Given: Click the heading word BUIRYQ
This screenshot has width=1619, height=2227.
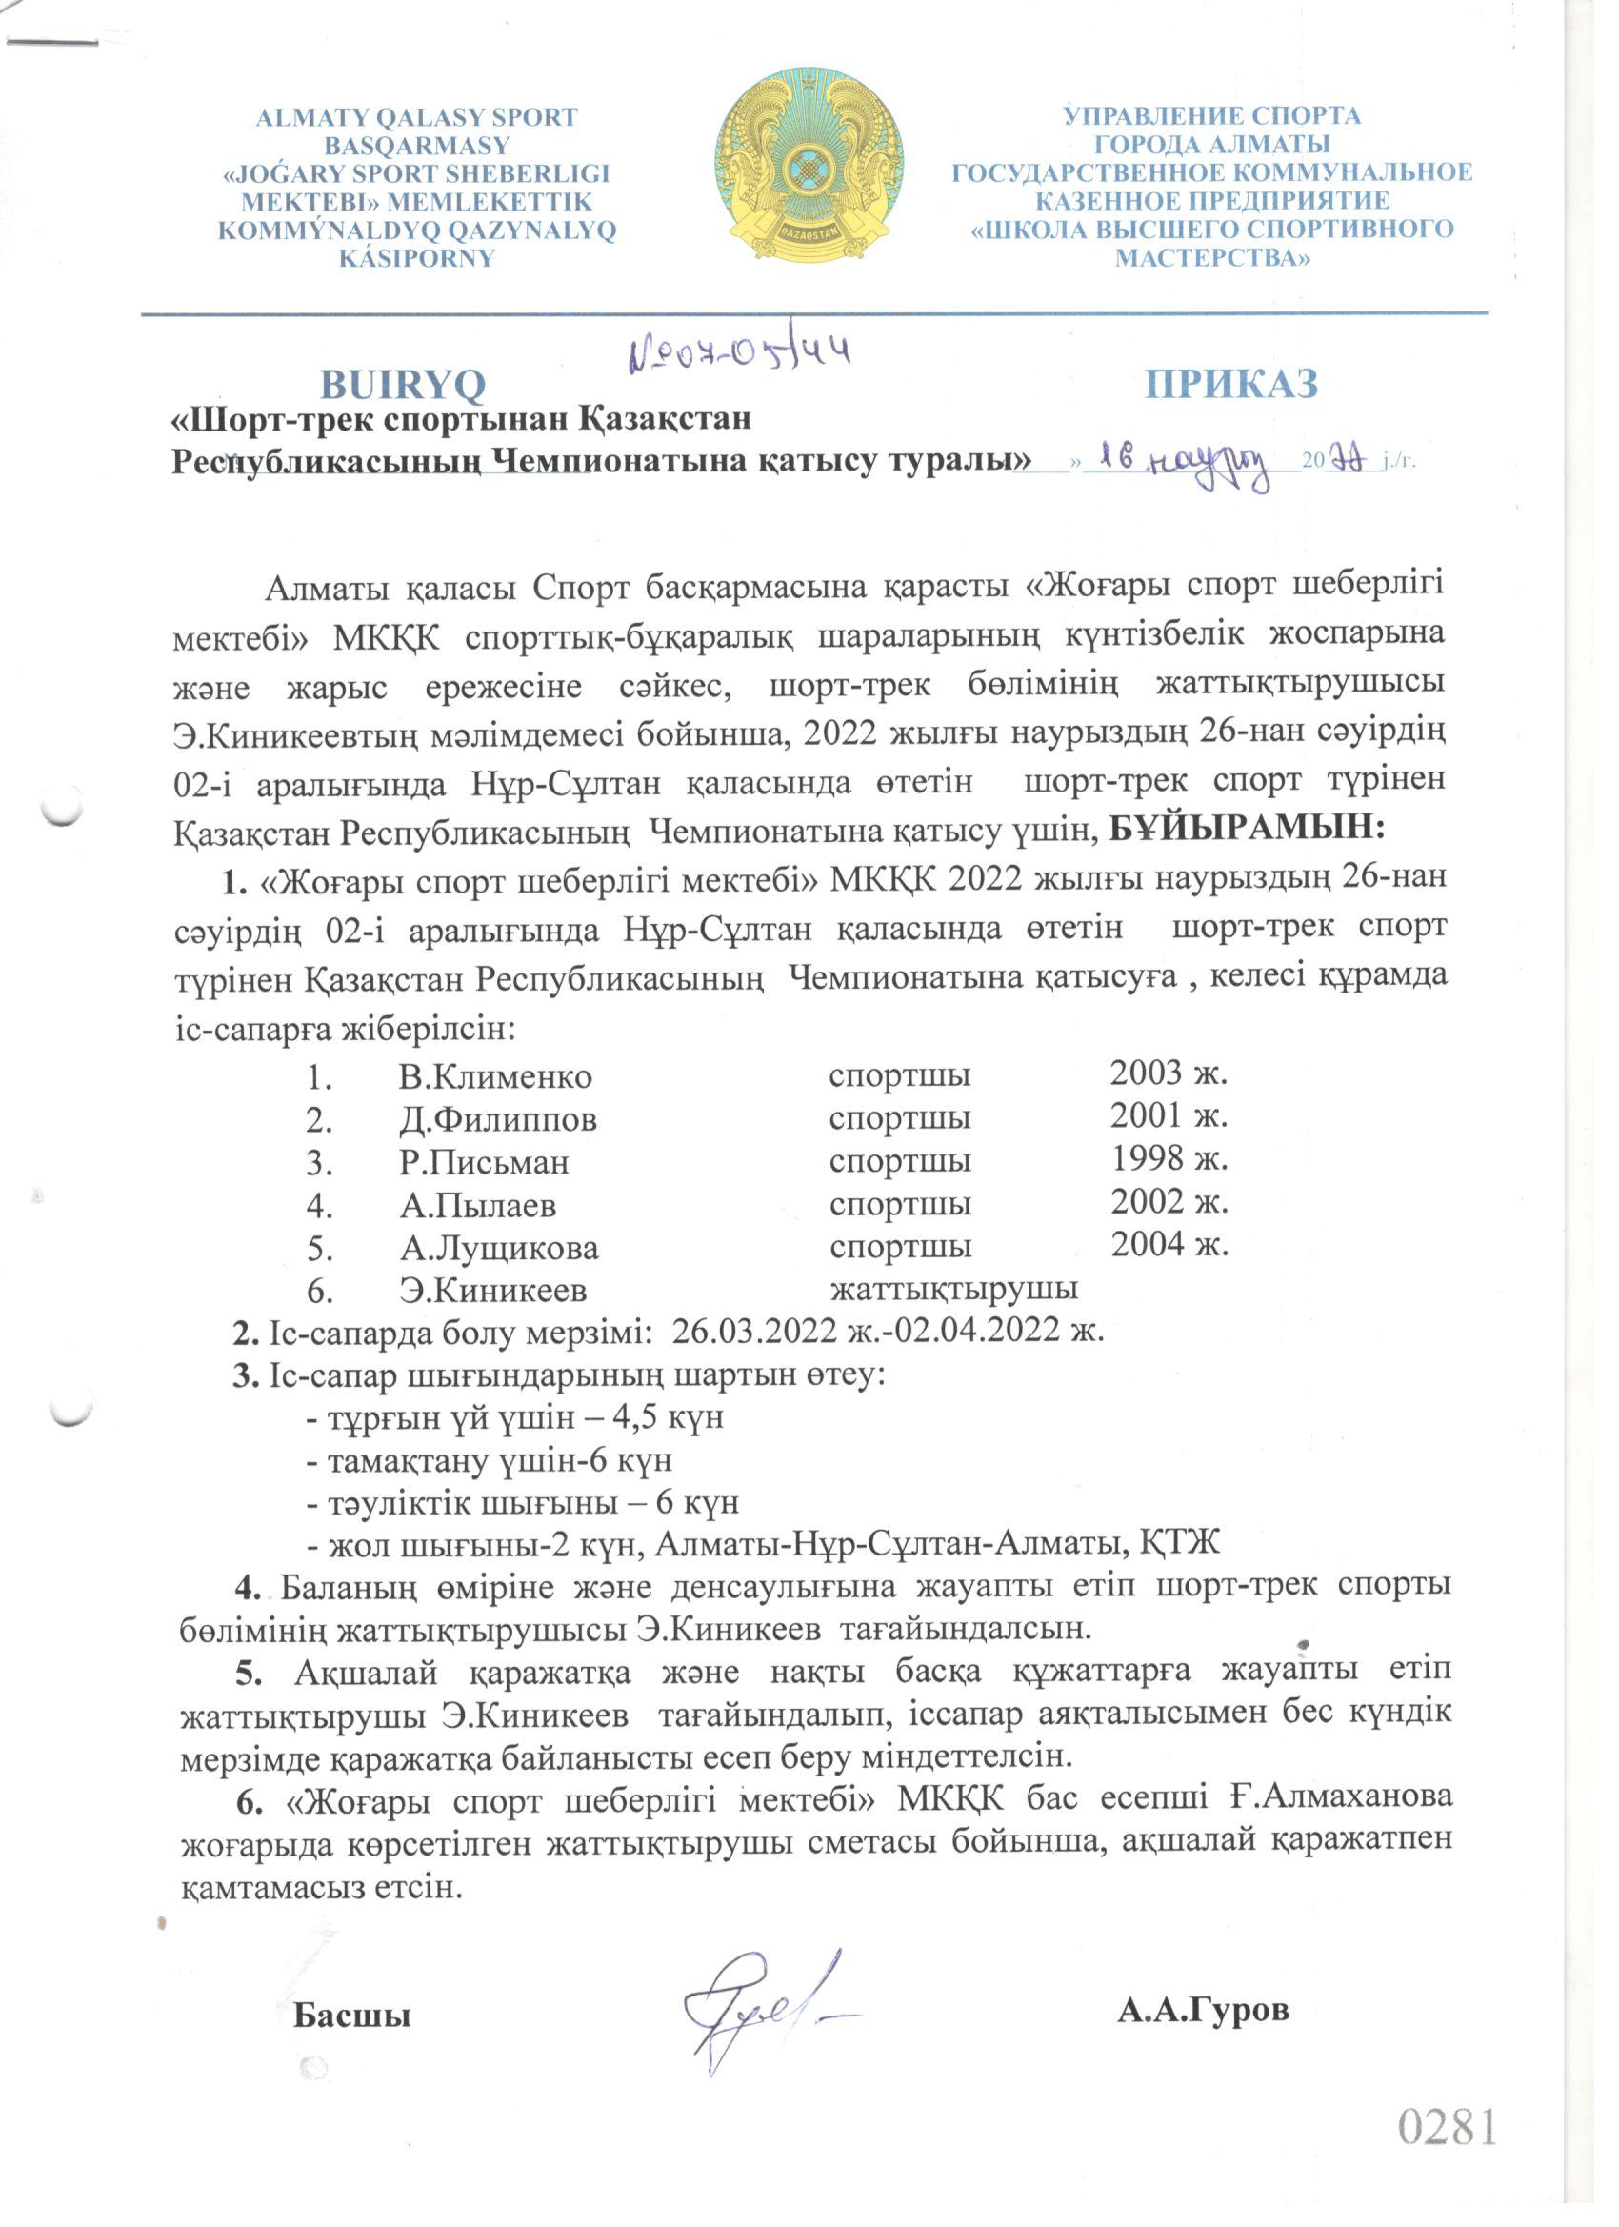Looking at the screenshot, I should pos(403,385).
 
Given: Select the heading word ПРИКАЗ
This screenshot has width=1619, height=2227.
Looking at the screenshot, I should pos(1231,384).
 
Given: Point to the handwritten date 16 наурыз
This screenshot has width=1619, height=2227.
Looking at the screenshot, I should pos(1183,462).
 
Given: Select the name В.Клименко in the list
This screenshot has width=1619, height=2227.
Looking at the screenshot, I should pos(495,1077).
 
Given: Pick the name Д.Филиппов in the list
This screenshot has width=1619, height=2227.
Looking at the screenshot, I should pos(498,1119).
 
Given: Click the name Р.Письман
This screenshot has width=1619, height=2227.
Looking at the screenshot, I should pos(484,1163).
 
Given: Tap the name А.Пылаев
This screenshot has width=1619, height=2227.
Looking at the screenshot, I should pos(478,1205).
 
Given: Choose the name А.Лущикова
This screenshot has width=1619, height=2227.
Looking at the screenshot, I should pos(499,1248).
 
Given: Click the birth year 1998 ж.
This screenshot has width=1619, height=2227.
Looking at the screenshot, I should pos(1169,1159).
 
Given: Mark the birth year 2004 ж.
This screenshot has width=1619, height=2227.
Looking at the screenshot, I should pos(1169,1245).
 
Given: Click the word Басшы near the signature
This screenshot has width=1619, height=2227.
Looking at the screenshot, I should pos(351,2016).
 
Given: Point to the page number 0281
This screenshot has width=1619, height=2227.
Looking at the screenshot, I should pos(1448,2126).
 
